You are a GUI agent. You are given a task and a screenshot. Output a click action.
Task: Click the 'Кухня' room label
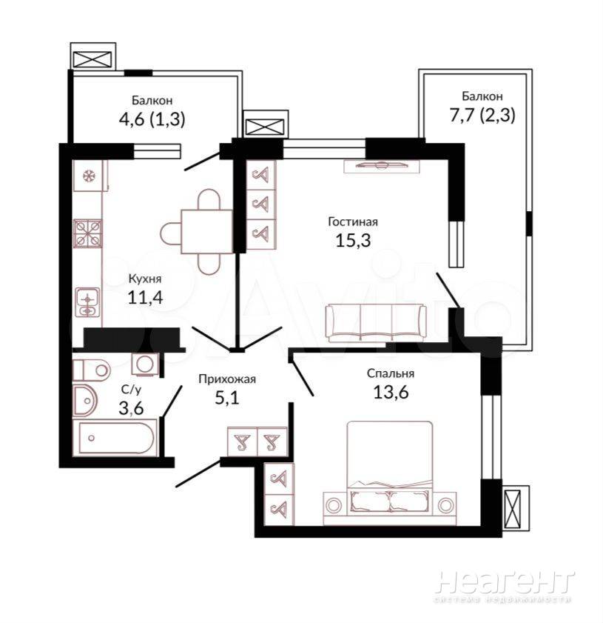pos(145,279)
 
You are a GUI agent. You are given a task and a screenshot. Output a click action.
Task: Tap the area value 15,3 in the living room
pos(353,240)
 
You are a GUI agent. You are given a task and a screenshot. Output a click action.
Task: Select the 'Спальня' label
pos(391,373)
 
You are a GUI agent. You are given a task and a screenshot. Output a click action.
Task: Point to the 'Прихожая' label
pos(227,379)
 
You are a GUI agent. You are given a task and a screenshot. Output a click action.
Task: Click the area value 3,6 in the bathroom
pos(131,408)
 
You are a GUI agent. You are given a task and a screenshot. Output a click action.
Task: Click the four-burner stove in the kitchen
pos(87,233)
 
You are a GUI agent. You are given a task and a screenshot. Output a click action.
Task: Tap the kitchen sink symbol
pos(87,303)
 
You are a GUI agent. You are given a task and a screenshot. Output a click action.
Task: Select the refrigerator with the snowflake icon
pos(88,176)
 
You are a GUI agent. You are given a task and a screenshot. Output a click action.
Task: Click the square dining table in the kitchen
pos(206,232)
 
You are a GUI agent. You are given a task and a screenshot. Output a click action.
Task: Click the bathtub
pos(116,439)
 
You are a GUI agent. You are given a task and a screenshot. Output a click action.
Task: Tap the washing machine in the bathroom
pos(145,364)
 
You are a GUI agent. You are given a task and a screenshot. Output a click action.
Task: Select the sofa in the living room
pos(375,322)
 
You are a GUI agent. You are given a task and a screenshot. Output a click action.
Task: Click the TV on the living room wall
pos(381,165)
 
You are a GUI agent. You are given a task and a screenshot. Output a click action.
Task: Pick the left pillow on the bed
pos(369,501)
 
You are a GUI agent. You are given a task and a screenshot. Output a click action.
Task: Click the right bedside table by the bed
pos(445,504)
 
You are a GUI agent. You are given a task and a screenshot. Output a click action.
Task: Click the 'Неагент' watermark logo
pos(504,582)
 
